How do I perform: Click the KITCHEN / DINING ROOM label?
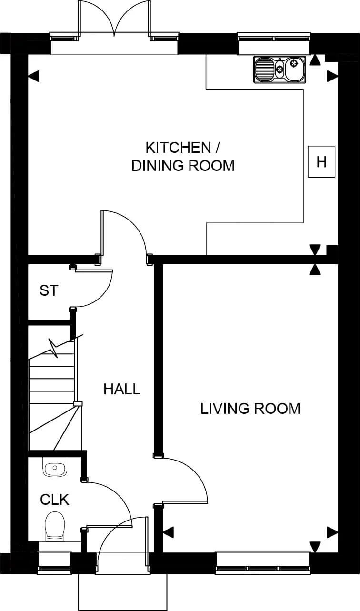coord(183,156)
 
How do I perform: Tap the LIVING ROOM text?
coord(250,409)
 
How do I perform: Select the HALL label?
coord(122,389)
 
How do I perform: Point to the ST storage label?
coord(49,290)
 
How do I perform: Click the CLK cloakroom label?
coord(54,500)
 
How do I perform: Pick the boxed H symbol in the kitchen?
coord(321,162)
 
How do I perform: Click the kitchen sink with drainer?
coord(279,70)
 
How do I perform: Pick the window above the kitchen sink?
coord(274,38)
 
